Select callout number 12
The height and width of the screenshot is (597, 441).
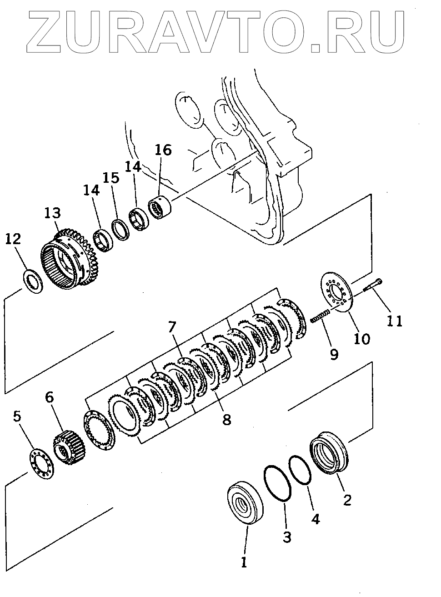(13, 240)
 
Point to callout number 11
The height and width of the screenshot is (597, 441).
(395, 321)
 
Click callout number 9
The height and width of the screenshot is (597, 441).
(334, 354)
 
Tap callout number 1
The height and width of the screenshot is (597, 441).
(244, 562)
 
